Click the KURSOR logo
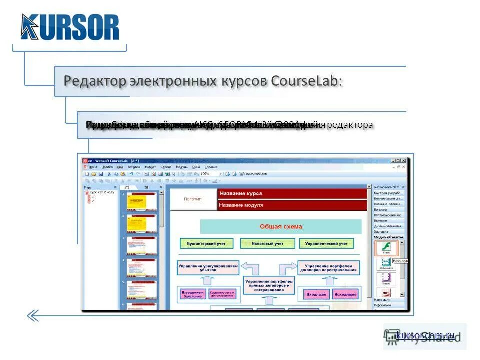[x=70, y=27]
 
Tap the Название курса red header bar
[x=292, y=193]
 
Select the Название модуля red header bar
[x=292, y=205]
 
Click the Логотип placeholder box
[x=193, y=199]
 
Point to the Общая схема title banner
[x=280, y=226]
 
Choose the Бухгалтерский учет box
[x=207, y=244]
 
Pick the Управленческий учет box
[x=326, y=244]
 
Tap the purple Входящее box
[x=316, y=294]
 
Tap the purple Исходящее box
[x=345, y=294]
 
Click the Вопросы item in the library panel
[x=381, y=209]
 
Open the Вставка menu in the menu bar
[x=133, y=167]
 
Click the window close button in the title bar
[x=404, y=160]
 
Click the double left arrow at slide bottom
[x=33, y=315]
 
